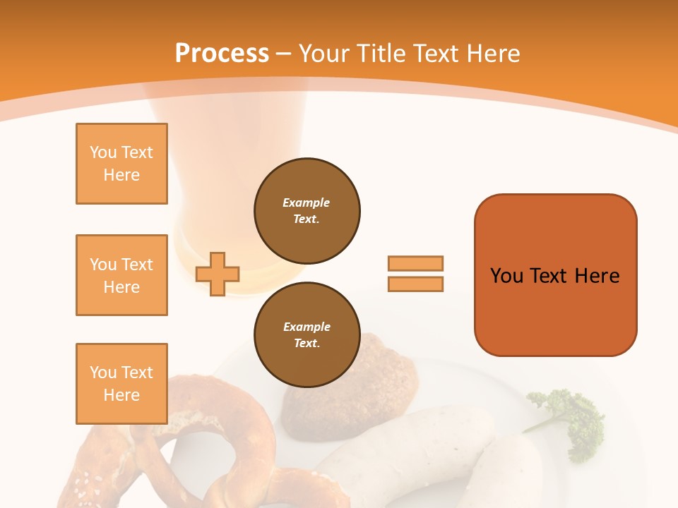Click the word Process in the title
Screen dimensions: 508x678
[222, 53]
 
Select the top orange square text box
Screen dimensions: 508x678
[121, 164]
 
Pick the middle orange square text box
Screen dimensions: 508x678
[121, 275]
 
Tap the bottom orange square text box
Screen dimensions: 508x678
[121, 384]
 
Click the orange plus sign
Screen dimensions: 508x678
[218, 273]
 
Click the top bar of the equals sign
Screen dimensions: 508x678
[415, 263]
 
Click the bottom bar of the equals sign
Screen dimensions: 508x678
[415, 284]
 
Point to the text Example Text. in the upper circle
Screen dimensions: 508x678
[307, 210]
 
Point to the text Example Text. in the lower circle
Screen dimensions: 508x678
[307, 334]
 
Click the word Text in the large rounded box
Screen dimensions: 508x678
[551, 275]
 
